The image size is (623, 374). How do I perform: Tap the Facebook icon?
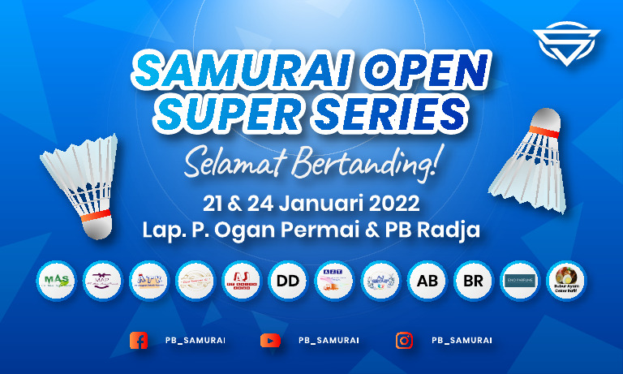139,341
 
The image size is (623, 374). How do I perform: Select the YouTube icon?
270,341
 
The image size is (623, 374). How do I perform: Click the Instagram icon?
404,341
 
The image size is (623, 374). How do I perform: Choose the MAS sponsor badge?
57,281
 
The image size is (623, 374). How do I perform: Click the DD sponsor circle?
288,281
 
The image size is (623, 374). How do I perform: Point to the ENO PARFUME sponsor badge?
520,281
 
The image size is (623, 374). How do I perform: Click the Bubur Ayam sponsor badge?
566,281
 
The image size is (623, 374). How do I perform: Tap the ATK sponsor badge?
149,281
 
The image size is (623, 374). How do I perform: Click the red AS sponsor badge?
242,281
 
